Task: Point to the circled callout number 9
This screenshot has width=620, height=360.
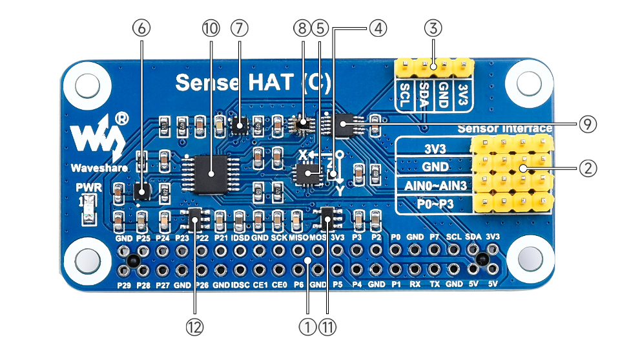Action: (x=587, y=124)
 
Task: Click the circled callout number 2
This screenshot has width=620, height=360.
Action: (x=587, y=169)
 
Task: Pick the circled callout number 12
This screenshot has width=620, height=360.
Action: (x=194, y=327)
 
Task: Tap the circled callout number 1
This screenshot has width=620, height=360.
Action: (x=308, y=327)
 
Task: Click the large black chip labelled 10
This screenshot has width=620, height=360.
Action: (x=213, y=173)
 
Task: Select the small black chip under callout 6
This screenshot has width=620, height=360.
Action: (x=142, y=191)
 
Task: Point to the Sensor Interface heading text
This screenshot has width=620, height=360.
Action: (x=504, y=128)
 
